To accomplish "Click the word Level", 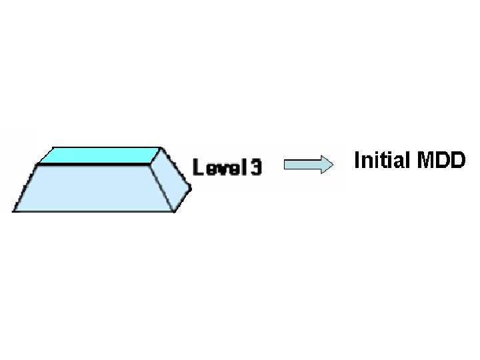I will coord(217,166).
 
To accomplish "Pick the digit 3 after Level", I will coord(255,166).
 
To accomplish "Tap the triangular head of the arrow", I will coord(325,164).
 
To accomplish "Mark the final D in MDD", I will coord(457,161).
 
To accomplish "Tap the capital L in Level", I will coord(198,166).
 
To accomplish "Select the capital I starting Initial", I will coord(357,161).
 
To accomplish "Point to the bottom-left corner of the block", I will coord(13,211).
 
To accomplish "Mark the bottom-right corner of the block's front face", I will coord(175,211).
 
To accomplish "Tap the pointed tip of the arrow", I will coord(333,164).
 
